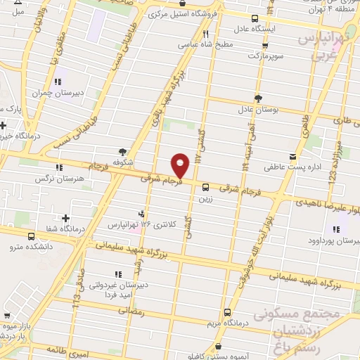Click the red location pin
click(181, 166)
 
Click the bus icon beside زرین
click(205, 187)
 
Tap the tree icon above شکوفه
click(123, 151)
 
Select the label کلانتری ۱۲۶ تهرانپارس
click(138, 225)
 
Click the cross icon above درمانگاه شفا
click(66, 219)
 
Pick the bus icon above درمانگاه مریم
click(227, 312)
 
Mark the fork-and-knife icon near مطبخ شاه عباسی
click(206, 33)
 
